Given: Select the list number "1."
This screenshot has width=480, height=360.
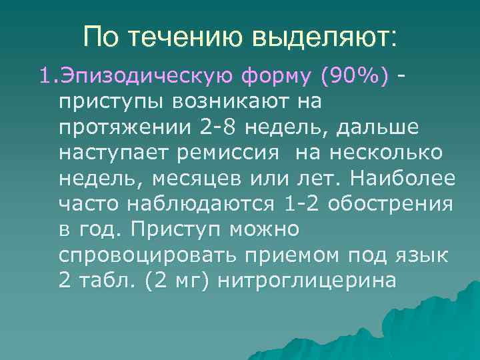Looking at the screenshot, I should pos(48,77).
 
